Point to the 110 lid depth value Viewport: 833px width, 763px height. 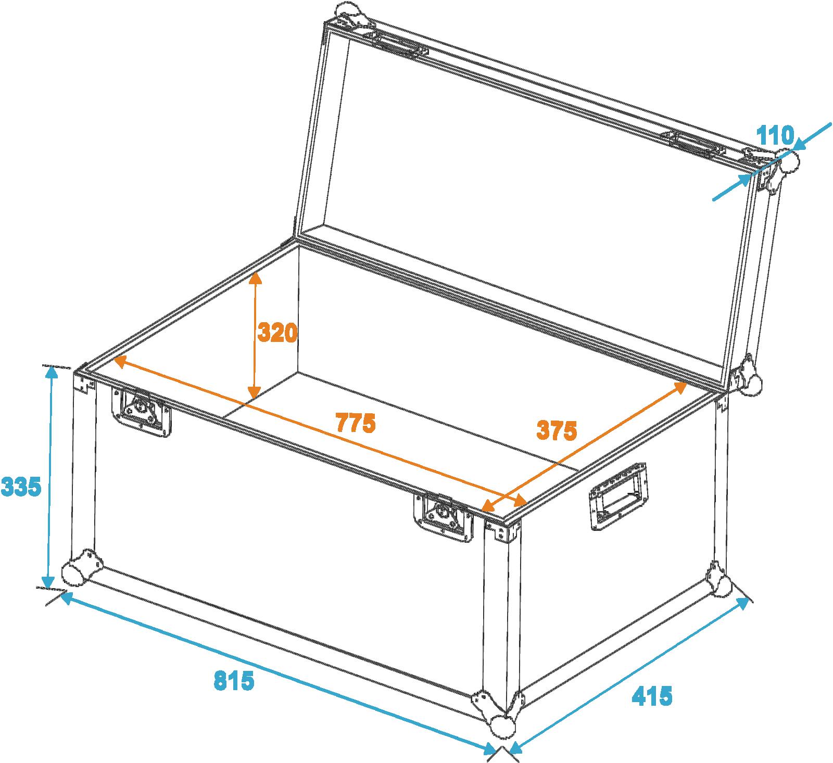[775, 136]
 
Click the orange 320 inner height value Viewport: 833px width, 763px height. [277, 333]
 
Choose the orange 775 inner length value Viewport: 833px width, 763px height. [356, 423]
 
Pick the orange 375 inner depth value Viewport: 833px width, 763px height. [557, 430]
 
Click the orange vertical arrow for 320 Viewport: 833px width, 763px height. [254, 336]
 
